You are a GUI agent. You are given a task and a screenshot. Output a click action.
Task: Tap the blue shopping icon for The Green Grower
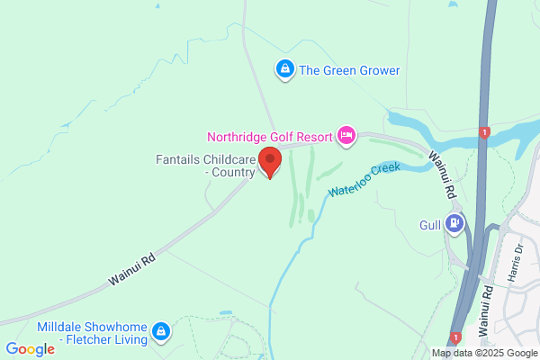285,68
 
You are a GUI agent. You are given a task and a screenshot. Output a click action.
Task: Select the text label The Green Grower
349,70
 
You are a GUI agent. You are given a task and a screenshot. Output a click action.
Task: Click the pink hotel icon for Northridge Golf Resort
346,136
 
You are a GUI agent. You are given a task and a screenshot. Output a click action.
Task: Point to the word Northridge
238,138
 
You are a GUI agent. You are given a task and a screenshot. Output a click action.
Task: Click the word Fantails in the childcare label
175,159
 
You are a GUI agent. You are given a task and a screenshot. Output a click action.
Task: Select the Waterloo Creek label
364,180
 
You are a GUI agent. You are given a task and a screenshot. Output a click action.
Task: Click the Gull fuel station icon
456,223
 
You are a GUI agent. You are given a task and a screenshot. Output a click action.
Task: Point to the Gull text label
430,225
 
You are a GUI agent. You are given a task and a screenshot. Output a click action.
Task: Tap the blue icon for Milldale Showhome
161,331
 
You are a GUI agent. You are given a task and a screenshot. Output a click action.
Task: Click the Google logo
31,349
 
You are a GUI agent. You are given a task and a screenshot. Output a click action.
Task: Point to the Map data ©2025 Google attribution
484,353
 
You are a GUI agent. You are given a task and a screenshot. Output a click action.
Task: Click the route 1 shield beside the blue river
485,132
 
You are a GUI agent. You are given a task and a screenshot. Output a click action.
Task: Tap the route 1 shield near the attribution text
456,337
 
